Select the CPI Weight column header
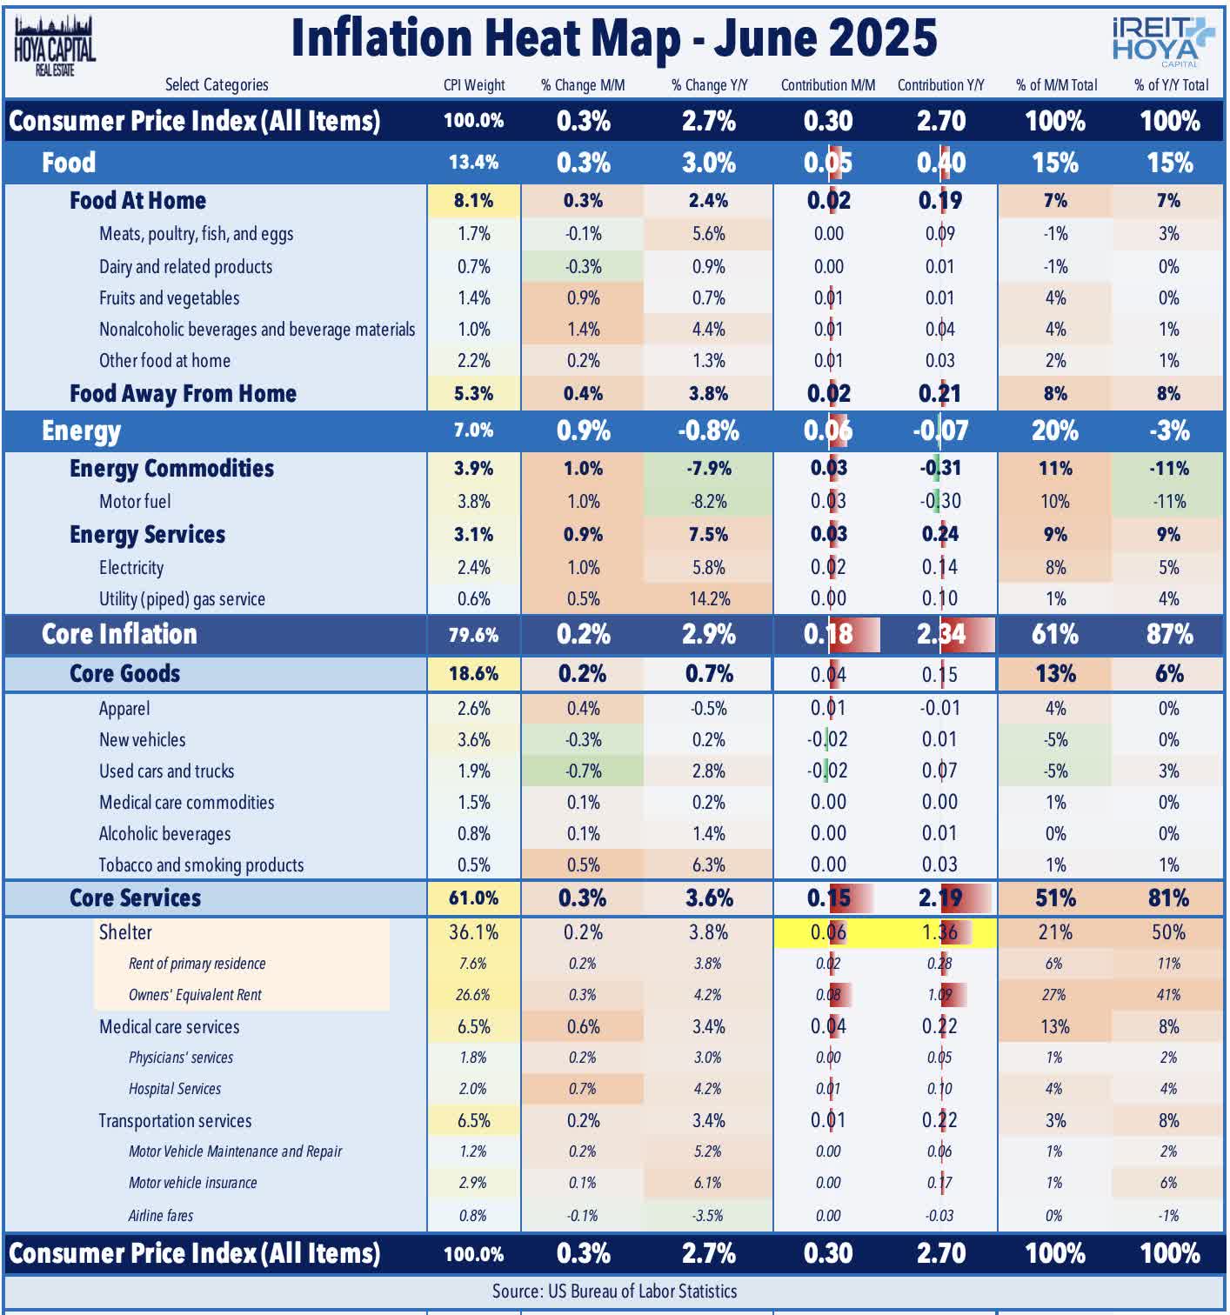pyautogui.click(x=474, y=85)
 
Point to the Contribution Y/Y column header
pyautogui.click(x=940, y=85)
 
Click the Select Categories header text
pyautogui.click(x=217, y=85)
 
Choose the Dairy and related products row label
pyautogui.click(x=185, y=267)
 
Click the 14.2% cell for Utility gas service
pyautogui.click(x=708, y=599)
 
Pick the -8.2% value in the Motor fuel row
pyautogui.click(x=708, y=502)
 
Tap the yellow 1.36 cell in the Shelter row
pyautogui.click(x=940, y=932)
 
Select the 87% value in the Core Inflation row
pyautogui.click(x=1169, y=634)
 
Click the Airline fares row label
pyautogui.click(x=161, y=1215)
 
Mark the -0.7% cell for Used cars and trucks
pyautogui.click(x=583, y=771)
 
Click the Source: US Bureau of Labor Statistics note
pyautogui.click(x=614, y=1292)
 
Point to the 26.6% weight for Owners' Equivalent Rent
pyautogui.click(x=473, y=995)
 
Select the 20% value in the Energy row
pyautogui.click(x=1055, y=431)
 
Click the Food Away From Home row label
pyautogui.click(x=183, y=394)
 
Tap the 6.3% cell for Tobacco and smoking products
pyautogui.click(x=708, y=865)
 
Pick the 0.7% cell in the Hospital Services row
pyautogui.click(x=583, y=1089)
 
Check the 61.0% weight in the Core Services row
pyautogui.click(x=474, y=898)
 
